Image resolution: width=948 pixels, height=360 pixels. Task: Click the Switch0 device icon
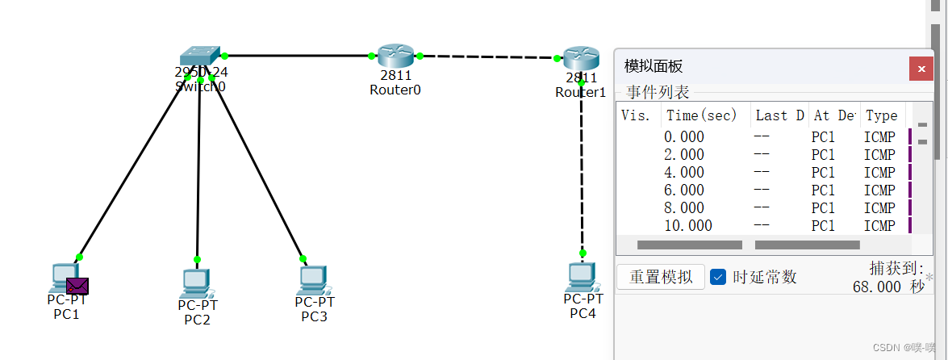(x=200, y=56)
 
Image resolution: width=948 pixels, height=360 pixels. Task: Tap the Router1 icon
(x=581, y=58)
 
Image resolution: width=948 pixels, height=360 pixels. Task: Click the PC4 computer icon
(x=582, y=277)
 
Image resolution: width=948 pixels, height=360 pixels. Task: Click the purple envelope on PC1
(x=77, y=285)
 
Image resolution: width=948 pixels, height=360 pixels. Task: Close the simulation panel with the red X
(x=921, y=68)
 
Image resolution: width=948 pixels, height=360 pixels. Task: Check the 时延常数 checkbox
(x=718, y=277)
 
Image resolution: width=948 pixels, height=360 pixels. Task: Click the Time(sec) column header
(x=701, y=115)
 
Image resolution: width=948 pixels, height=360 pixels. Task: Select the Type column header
(x=881, y=115)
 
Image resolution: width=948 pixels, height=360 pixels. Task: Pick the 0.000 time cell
(x=684, y=137)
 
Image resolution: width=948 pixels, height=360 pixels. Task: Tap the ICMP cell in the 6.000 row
(x=879, y=190)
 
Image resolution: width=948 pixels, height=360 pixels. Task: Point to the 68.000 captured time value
(x=876, y=287)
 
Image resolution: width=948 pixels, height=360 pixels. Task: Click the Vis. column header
(x=636, y=115)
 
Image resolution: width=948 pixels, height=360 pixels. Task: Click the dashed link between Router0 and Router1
(x=488, y=57)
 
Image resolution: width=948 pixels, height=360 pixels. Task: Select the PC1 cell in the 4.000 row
(x=823, y=173)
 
